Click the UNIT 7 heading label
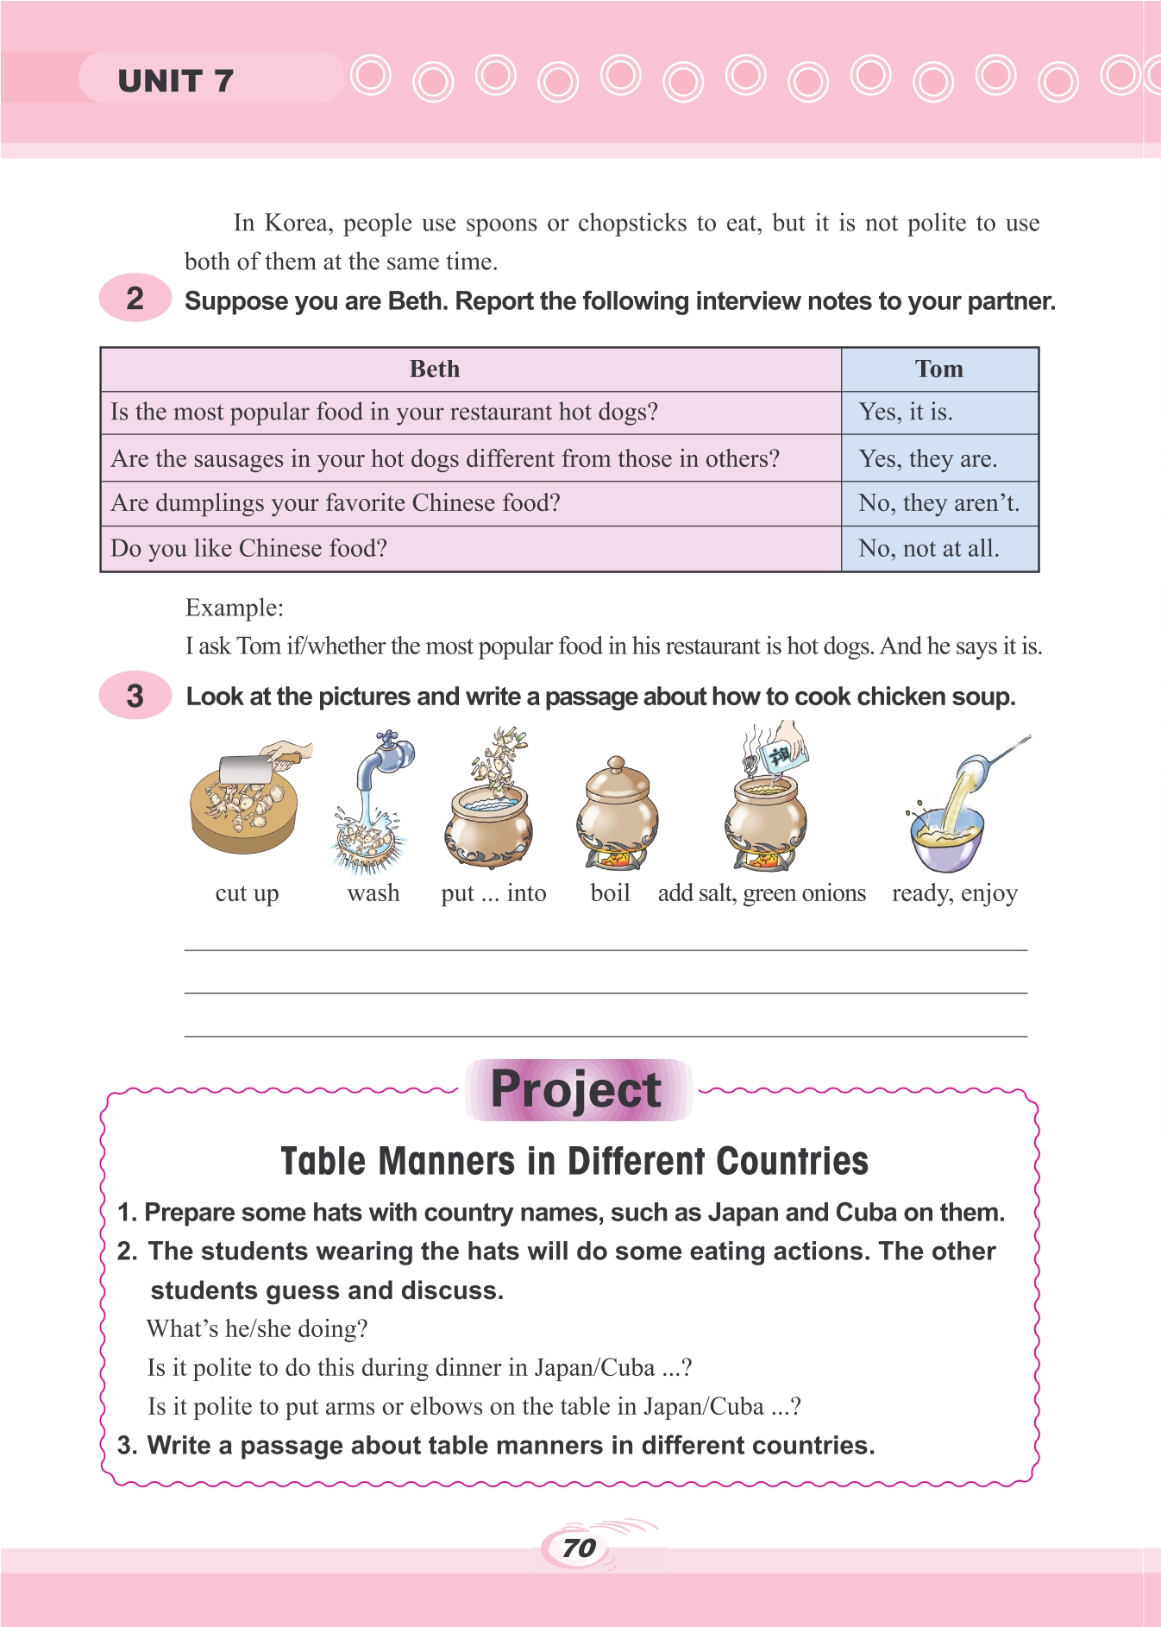coord(175,80)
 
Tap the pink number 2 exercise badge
coord(135,299)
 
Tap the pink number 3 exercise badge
coord(135,696)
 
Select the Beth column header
coord(434,369)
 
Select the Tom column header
coord(938,369)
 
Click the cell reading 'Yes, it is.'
coord(906,413)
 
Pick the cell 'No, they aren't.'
coord(938,503)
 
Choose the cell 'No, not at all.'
coord(928,549)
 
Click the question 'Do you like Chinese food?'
coord(249,549)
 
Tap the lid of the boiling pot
coord(616,781)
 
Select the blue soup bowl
coord(946,842)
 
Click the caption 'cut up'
coord(247,893)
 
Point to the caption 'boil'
coord(610,893)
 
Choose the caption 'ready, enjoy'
coord(954,893)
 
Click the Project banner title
coord(576,1089)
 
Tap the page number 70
coord(579,1548)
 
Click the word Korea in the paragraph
coord(298,223)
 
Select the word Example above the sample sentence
coord(234,608)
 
